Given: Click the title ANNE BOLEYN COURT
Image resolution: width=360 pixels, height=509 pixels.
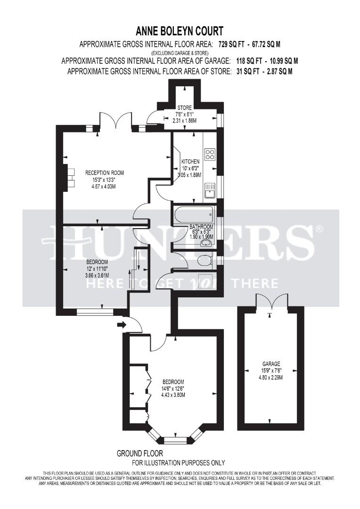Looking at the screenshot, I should click(180, 31).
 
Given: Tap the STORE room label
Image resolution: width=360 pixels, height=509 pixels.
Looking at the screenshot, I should click(184, 108).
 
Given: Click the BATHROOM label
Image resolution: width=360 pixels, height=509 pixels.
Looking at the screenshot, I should click(202, 226).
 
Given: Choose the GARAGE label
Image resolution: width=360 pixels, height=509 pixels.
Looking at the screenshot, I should click(271, 364).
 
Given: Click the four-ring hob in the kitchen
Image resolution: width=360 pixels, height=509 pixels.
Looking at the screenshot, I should click(210, 155).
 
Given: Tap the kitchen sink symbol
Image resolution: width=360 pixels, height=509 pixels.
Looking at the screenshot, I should click(210, 191).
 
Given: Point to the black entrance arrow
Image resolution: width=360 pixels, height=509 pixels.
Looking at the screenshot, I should click(122, 324).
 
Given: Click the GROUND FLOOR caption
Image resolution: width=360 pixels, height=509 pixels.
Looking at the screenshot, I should click(140, 453).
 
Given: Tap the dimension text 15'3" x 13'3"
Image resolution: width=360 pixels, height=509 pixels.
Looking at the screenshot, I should click(97, 180).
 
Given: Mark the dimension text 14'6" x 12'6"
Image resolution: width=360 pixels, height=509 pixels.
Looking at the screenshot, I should click(173, 389).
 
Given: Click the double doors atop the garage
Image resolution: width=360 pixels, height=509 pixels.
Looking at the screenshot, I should click(271, 300).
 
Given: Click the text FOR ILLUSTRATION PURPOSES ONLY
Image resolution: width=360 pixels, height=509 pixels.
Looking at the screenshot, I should click(178, 463).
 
